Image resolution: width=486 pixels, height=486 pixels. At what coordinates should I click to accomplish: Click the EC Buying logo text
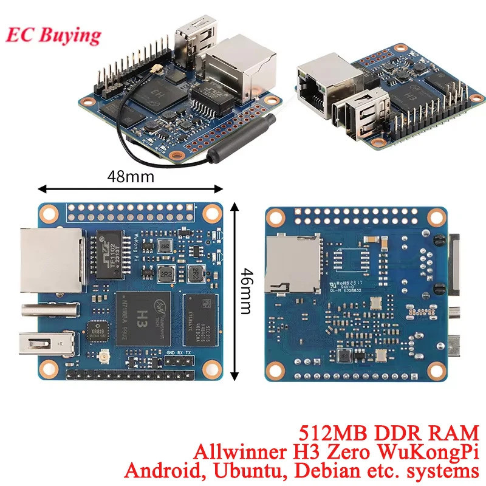click(x=53, y=34)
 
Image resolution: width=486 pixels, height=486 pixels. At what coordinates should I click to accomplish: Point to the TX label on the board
click(x=189, y=352)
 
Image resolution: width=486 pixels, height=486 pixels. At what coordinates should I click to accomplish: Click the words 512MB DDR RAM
click(x=389, y=434)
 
